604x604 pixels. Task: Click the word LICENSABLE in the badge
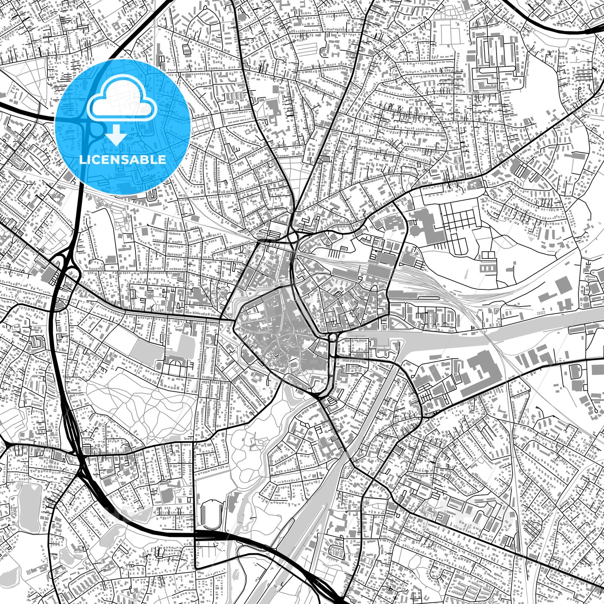point(122,160)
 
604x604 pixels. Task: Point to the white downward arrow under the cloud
point(116,136)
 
